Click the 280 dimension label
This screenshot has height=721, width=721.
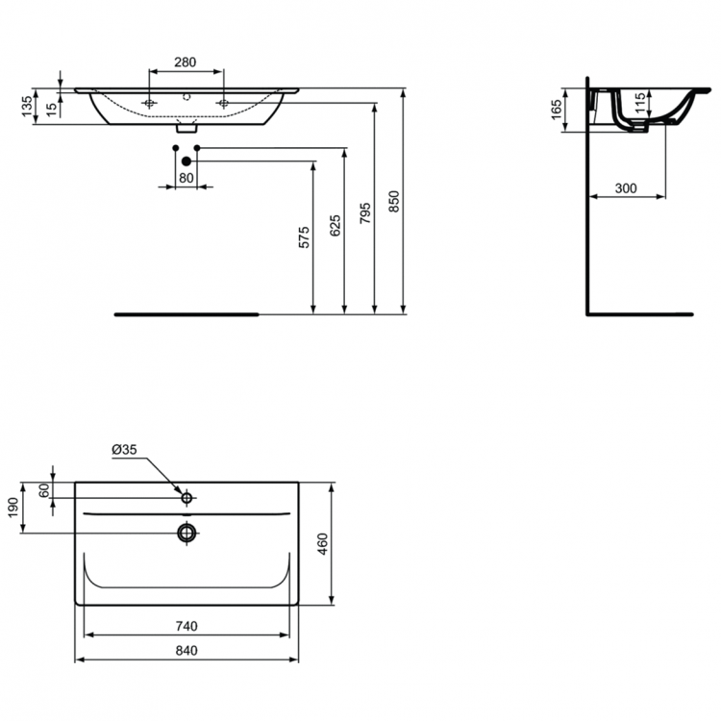tap(186, 62)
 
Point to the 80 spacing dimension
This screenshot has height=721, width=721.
tap(186, 177)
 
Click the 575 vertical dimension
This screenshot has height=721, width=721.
tap(304, 238)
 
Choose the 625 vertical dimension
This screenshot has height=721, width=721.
tap(334, 226)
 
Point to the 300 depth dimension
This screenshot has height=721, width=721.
tap(626, 188)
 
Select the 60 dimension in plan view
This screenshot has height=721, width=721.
tap(43, 489)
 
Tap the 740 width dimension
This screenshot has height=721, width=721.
tap(187, 625)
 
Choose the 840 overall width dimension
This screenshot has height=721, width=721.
tap(187, 651)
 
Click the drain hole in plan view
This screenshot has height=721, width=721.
tap(186, 532)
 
